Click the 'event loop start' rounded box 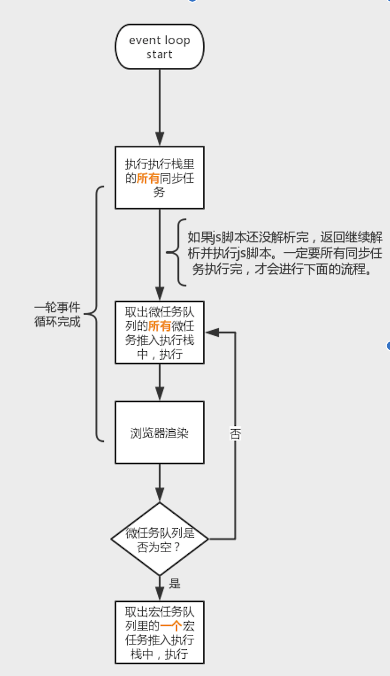[159, 47]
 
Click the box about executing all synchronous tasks [159, 177]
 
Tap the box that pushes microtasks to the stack [159, 332]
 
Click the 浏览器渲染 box [159, 433]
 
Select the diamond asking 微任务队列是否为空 [159, 539]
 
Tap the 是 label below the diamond [175, 584]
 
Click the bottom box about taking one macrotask [159, 632]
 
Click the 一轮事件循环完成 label [57, 314]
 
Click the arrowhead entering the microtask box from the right [211, 332]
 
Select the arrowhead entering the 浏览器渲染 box [159, 394]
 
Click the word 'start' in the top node [159, 54]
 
